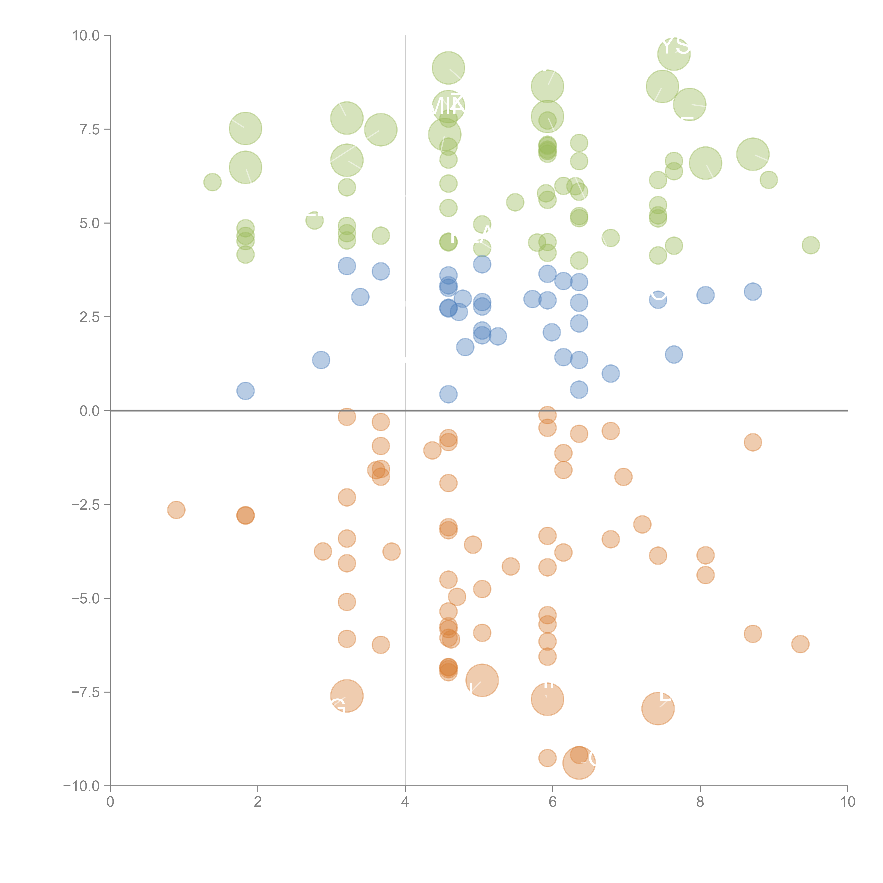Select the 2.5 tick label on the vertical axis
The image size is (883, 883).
(x=89, y=317)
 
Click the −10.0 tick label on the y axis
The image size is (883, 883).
(x=81, y=786)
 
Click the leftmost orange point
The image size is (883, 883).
(x=176, y=510)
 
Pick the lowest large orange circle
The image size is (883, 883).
(x=579, y=763)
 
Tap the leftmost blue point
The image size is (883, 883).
(x=245, y=391)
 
